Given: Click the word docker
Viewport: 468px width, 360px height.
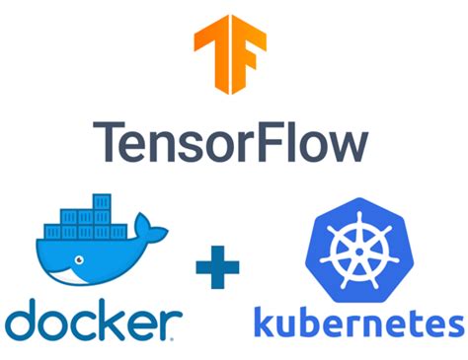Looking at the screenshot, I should point(93,320).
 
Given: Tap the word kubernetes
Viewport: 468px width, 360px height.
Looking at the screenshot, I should point(357,323).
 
